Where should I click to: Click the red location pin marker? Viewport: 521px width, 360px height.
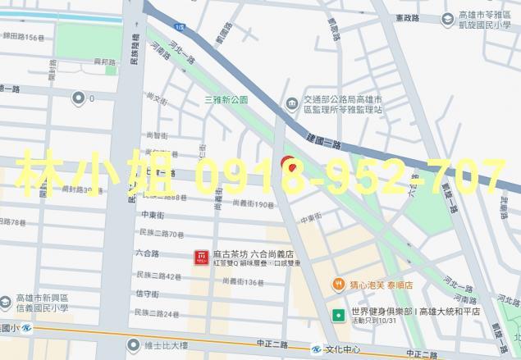click(x=288, y=163)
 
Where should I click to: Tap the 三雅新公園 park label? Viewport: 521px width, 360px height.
click(x=226, y=100)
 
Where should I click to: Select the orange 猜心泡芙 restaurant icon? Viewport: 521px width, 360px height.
click(x=338, y=284)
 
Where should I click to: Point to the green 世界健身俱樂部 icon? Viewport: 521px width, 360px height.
click(x=338, y=314)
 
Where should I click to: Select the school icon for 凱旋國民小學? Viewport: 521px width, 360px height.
click(x=448, y=17)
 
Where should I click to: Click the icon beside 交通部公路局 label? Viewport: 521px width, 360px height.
click(x=291, y=103)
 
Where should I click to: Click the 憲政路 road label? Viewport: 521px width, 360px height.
click(x=406, y=17)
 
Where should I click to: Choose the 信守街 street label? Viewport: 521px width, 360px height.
click(x=147, y=294)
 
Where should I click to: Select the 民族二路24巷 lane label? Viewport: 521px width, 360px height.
click(x=158, y=314)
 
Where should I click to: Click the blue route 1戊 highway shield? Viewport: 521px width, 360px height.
click(x=179, y=28)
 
